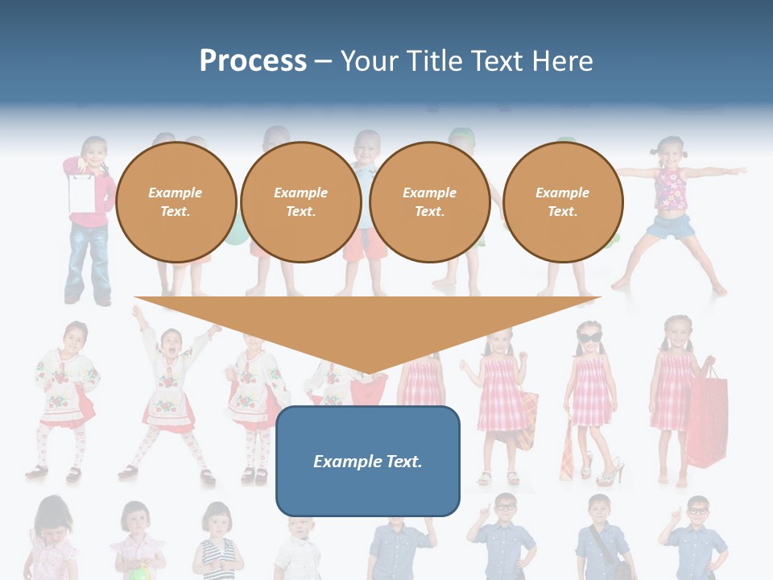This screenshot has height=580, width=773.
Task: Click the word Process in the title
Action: [x=253, y=61]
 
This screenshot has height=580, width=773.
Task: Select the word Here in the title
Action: [x=560, y=61]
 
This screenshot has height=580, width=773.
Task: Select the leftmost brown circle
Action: [x=176, y=202]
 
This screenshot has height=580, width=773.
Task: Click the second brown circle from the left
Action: [x=300, y=202]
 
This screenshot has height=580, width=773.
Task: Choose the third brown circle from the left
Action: [x=429, y=202]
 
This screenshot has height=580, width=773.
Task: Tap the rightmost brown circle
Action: [x=562, y=202]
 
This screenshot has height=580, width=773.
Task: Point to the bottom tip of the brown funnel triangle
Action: [x=368, y=372]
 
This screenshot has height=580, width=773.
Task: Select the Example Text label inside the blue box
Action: [x=368, y=462]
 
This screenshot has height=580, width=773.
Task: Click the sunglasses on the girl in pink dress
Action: [x=589, y=338]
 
